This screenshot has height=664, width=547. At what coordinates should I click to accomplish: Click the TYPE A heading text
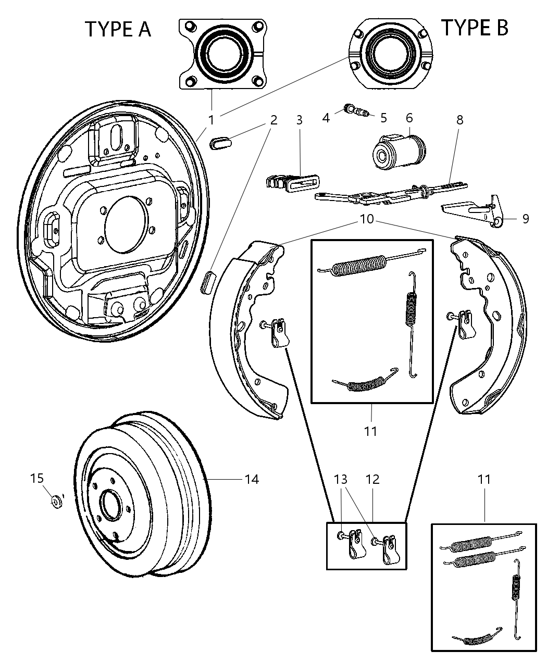(x=118, y=29)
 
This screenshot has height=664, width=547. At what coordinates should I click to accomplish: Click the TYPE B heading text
(x=474, y=27)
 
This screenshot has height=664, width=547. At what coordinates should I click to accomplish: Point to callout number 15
(x=36, y=478)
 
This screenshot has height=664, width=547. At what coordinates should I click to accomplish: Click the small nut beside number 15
(x=56, y=502)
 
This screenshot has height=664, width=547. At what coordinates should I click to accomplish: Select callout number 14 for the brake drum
(x=252, y=479)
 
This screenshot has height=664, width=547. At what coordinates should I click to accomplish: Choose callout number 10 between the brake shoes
(x=367, y=219)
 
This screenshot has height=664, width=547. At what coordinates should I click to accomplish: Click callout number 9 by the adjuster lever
(x=525, y=219)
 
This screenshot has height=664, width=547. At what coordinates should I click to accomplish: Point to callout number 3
(x=299, y=120)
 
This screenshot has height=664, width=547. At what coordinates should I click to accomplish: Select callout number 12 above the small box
(x=372, y=479)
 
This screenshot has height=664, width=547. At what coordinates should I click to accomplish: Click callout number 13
(x=341, y=479)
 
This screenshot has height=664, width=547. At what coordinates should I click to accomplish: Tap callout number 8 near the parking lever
(x=459, y=120)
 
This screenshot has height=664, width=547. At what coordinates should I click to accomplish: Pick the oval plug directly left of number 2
(x=221, y=142)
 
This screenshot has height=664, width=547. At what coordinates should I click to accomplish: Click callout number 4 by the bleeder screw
(x=326, y=118)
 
